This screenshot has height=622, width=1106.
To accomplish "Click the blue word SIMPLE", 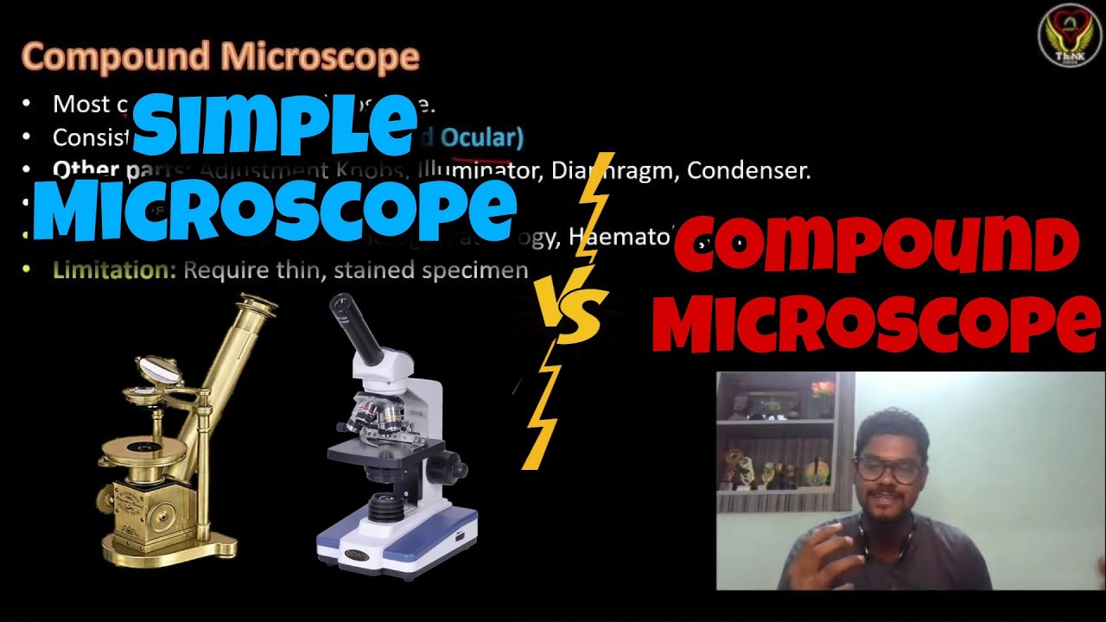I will [x=275, y=125].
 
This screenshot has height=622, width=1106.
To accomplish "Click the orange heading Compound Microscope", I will [x=220, y=57].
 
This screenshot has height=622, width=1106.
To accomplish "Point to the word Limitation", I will [x=114, y=270].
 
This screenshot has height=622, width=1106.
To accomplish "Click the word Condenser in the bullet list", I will [x=748, y=171].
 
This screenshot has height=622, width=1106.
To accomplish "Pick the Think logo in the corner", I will [x=1069, y=35].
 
